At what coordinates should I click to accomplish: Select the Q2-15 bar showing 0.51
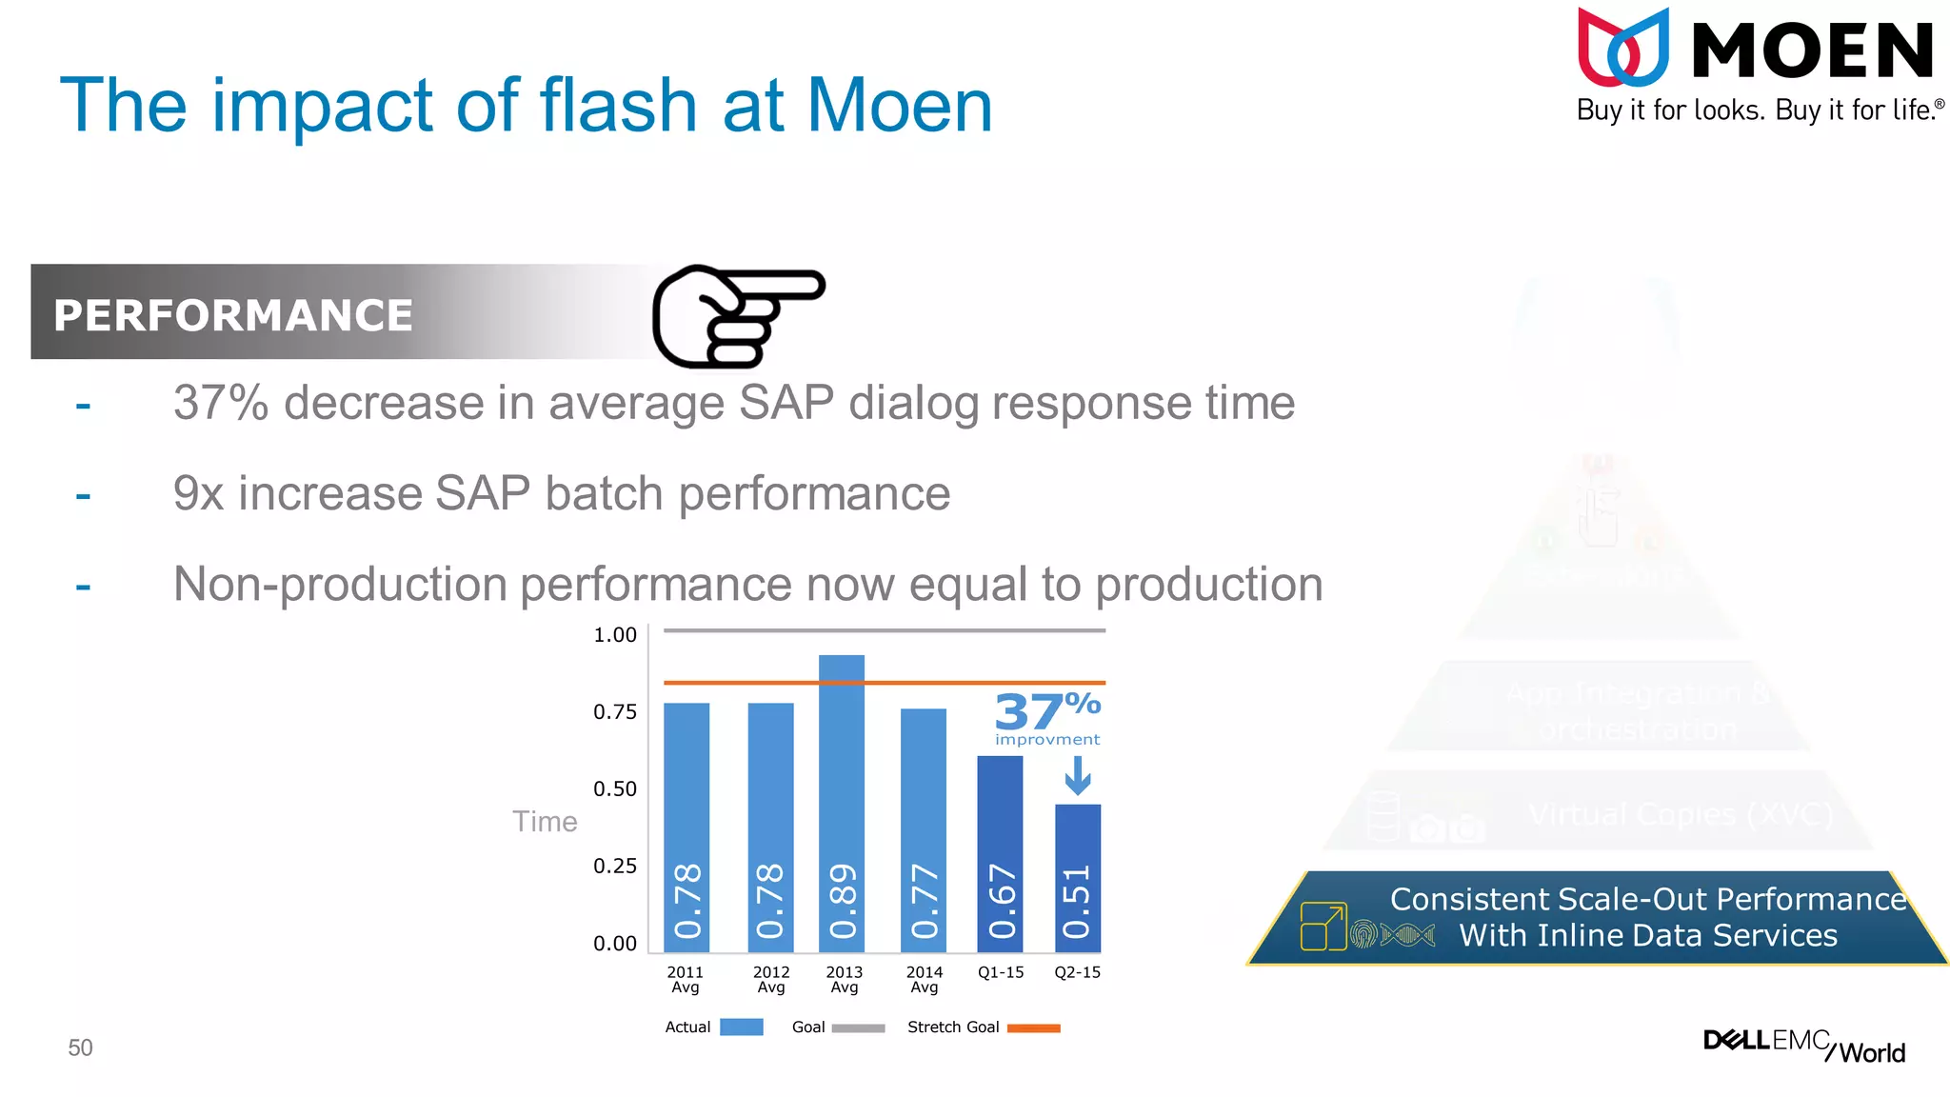1078,878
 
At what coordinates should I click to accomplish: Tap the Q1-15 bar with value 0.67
1000,854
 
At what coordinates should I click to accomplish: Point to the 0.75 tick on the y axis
615,712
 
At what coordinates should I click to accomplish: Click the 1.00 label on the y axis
615,635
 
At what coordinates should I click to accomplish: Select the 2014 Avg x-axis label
924,979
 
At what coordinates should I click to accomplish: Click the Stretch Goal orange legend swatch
1033,1027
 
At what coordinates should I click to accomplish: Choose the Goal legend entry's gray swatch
858,1027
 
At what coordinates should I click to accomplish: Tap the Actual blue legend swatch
741,1027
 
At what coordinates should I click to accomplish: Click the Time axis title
545,822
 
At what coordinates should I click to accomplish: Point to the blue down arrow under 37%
1078,775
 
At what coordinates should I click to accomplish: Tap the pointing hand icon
736,316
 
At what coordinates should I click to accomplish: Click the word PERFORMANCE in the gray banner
233,315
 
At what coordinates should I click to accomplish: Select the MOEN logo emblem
1623,48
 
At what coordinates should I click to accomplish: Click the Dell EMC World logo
1803,1046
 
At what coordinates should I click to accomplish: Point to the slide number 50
80,1047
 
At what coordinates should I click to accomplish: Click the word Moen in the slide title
899,106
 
